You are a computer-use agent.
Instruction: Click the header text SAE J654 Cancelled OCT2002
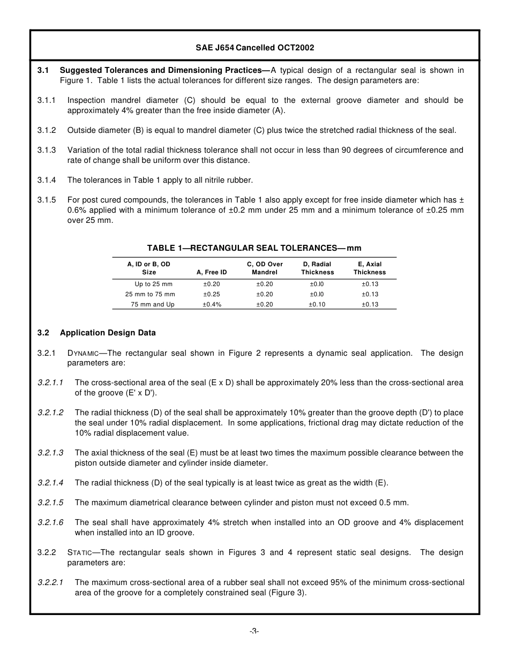pos(254,48)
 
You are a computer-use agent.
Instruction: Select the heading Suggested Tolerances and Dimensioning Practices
pos(164,70)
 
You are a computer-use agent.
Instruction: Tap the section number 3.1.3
pos(47,150)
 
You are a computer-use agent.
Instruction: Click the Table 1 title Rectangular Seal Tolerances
pos(254,248)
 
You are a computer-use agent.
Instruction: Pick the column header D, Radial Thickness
pos(317,268)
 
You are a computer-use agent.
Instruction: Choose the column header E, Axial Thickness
pos(369,268)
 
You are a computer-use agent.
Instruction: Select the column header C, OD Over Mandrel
pos(265,268)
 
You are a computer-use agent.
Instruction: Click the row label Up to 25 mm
pos(153,284)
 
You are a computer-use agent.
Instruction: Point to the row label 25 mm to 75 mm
pos(150,294)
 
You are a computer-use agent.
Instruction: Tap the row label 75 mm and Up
pos(153,304)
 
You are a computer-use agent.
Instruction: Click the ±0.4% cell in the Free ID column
pos(212,304)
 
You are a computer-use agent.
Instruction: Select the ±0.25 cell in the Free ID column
pos(212,294)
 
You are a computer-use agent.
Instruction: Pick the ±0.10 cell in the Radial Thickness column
pos(317,304)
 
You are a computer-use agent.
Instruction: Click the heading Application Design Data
pos(108,333)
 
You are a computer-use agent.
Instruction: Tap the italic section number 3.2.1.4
pos(50,483)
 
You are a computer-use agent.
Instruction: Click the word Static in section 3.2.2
pos(80,552)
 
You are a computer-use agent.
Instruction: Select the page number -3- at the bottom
pos(254,631)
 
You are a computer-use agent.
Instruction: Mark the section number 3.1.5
pos(47,200)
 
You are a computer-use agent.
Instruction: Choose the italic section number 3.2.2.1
pos(50,582)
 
